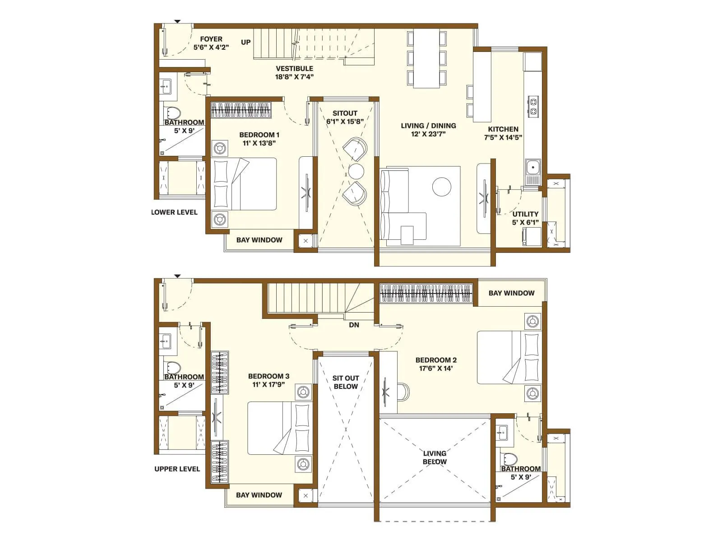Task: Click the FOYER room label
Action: pyautogui.click(x=211, y=39)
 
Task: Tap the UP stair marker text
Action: pyautogui.click(x=245, y=42)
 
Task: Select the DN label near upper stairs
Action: pyautogui.click(x=354, y=325)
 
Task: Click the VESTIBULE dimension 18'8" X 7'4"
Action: pyautogui.click(x=294, y=77)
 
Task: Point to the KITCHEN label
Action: pyautogui.click(x=503, y=129)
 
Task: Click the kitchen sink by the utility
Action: pyautogui.click(x=532, y=168)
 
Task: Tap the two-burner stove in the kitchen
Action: pyautogui.click(x=533, y=106)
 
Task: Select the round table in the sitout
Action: pyautogui.click(x=356, y=172)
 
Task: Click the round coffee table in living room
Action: pyautogui.click(x=441, y=187)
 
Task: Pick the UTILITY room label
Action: pyautogui.click(x=525, y=214)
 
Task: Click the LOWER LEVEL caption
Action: pyautogui.click(x=174, y=212)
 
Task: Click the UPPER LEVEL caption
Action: pyautogui.click(x=177, y=469)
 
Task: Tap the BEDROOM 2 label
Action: pyautogui.click(x=435, y=360)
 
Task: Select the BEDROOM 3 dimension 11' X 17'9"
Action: pyautogui.click(x=268, y=385)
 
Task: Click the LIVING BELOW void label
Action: pyautogui.click(x=435, y=457)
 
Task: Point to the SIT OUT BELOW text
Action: pyautogui.click(x=346, y=382)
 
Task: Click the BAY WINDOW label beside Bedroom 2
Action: pyautogui.click(x=511, y=293)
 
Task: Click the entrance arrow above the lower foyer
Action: pyautogui.click(x=177, y=21)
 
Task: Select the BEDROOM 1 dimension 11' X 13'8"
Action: pyautogui.click(x=259, y=143)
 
